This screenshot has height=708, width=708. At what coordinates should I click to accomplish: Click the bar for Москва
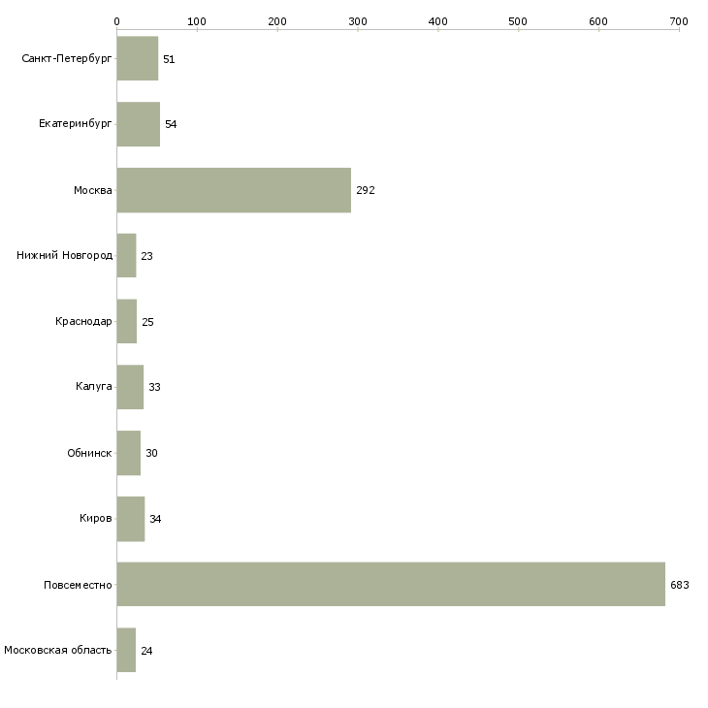[234, 190]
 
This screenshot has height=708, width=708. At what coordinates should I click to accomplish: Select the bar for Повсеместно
[391, 584]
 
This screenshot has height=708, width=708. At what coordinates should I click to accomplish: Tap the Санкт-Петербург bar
[138, 58]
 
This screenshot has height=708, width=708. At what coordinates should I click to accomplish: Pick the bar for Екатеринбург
[139, 124]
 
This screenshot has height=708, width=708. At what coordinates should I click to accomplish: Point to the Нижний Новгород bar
[126, 256]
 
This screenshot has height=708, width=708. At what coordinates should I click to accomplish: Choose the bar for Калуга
[131, 387]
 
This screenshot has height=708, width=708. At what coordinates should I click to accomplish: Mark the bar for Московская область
[126, 650]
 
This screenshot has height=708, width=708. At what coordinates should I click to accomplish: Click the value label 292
[366, 190]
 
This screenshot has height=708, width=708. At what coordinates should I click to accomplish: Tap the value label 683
[680, 585]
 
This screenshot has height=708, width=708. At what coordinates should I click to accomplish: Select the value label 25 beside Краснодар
[147, 322]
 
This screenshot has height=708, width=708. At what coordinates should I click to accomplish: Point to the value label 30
[151, 453]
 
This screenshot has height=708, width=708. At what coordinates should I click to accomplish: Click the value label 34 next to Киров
[155, 519]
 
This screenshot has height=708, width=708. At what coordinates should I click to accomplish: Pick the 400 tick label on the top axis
[438, 21]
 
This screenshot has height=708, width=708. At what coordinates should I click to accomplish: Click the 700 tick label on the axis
[679, 21]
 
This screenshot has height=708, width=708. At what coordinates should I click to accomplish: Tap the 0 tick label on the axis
[117, 21]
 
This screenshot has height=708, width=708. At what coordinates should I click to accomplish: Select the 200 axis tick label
[277, 21]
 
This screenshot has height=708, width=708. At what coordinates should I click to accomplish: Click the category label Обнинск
[89, 453]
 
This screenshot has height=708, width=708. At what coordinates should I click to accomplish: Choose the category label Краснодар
[83, 321]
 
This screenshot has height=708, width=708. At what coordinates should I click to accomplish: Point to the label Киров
[96, 518]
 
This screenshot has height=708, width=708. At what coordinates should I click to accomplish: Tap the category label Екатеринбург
[75, 124]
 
